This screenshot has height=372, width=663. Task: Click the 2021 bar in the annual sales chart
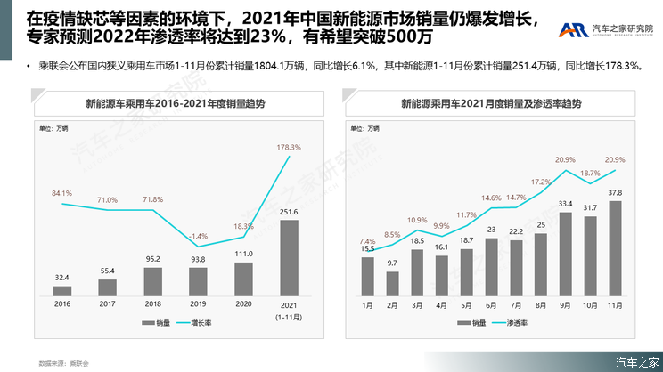coord(291,257)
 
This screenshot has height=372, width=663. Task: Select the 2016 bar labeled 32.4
coord(61,289)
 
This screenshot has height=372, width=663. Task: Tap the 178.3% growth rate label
coord(290,147)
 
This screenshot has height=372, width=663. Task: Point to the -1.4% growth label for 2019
coord(199,236)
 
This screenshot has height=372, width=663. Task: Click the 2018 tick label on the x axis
coord(152,303)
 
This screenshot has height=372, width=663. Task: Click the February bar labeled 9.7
coord(392,283)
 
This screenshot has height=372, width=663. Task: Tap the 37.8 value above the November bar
coord(614,192)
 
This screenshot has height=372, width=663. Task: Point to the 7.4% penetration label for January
coord(367,241)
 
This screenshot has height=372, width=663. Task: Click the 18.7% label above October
coord(589,173)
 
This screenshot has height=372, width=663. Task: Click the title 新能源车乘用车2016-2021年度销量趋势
coord(175,103)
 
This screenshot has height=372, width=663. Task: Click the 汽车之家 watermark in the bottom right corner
coord(636,360)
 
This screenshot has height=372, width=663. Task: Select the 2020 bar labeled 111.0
coord(244,279)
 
